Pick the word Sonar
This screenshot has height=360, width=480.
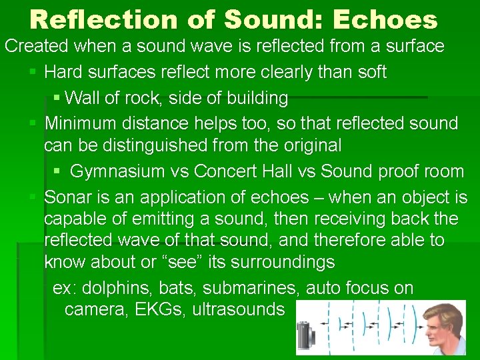(67, 197)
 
